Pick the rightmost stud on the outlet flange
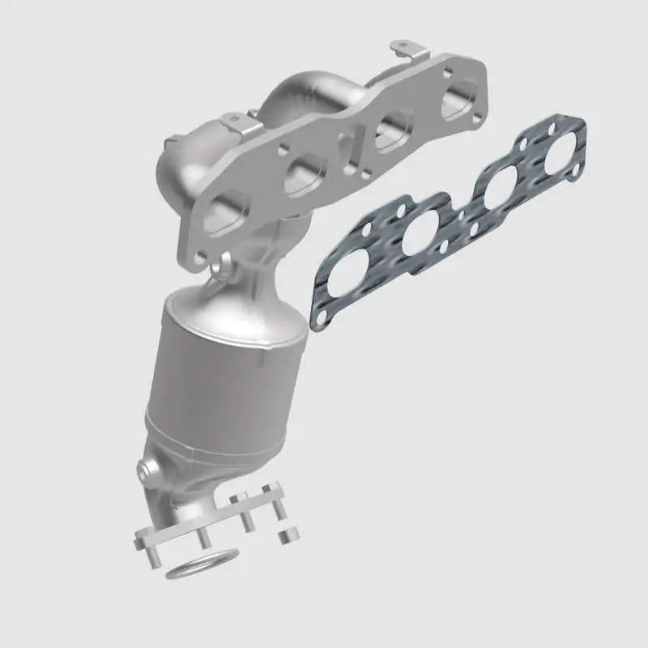click(278, 507)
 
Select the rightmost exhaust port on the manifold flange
click(458, 104)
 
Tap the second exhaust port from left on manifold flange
click(305, 173)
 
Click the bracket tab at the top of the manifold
click(409, 53)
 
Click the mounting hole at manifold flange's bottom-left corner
click(200, 258)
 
